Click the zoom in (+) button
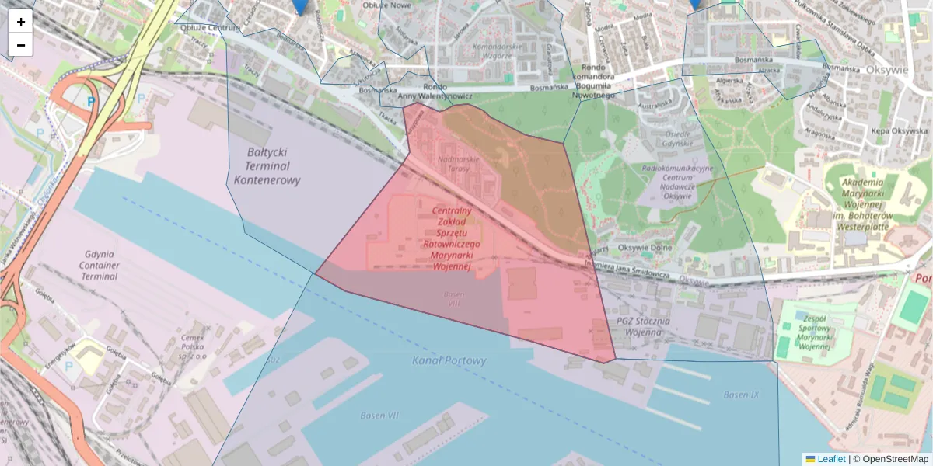[x=21, y=22]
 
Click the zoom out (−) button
[x=21, y=45]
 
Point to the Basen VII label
[x=379, y=416]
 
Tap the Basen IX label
[x=741, y=395]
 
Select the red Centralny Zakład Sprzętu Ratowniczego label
[x=452, y=238]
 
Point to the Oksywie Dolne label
[x=645, y=249]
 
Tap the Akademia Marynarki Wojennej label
[x=868, y=204]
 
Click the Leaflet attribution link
[x=831, y=459]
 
